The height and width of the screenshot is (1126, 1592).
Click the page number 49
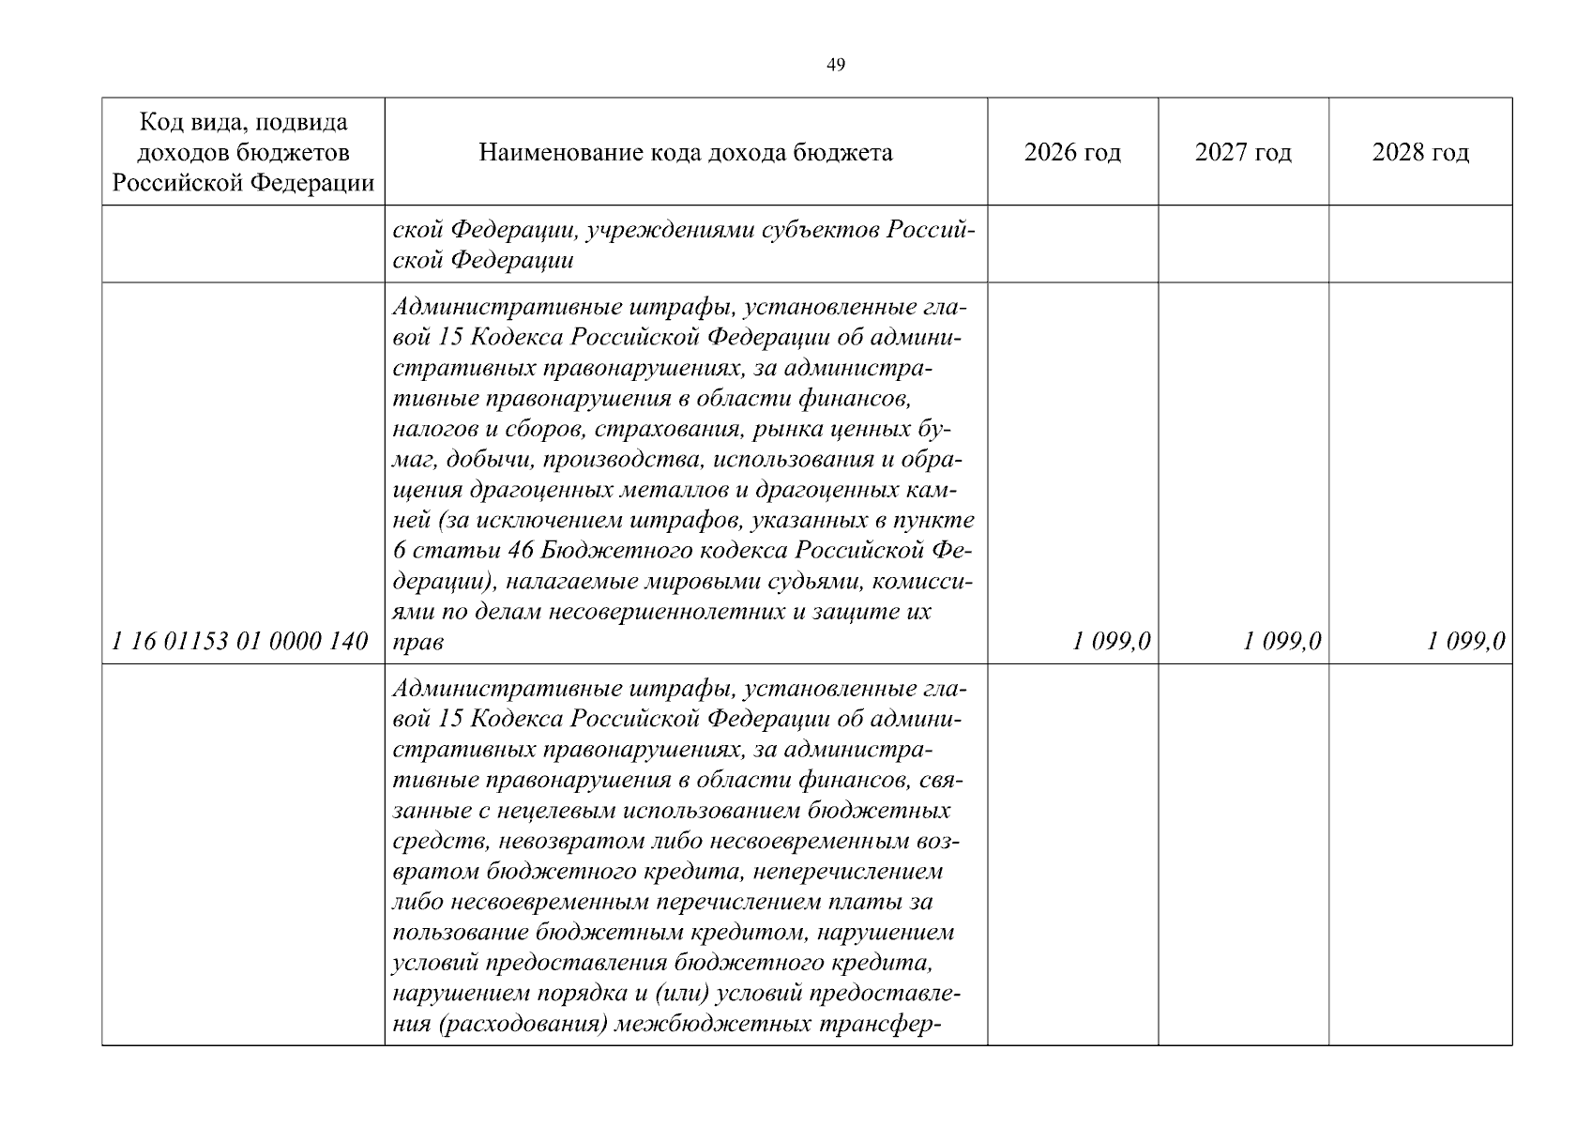coord(836,65)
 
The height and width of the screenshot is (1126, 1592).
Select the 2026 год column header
coord(1072,152)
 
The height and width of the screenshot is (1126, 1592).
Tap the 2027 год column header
coord(1243,152)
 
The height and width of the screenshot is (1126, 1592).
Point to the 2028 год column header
coord(1420,152)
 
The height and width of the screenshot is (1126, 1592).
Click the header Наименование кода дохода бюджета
coord(686,152)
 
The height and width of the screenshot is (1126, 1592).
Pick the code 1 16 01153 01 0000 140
coord(240,642)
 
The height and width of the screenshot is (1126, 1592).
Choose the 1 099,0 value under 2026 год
coord(1112,642)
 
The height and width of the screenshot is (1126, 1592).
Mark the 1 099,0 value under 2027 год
coord(1282,642)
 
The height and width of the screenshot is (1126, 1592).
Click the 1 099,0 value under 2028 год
coord(1466,642)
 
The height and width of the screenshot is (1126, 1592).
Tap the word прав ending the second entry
coord(417,642)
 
